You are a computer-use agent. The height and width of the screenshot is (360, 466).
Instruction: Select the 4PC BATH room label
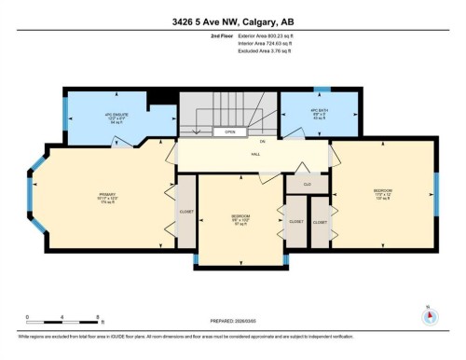coord(317,114)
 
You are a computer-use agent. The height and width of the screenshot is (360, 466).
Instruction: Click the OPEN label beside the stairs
coord(230,132)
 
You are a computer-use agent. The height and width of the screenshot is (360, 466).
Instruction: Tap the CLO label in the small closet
coord(308,185)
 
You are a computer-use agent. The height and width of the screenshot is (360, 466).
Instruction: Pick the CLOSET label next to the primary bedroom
coord(185,212)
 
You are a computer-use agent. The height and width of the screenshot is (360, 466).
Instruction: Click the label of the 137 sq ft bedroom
coord(383,195)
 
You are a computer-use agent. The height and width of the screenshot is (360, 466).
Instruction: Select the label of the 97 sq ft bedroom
coord(240,220)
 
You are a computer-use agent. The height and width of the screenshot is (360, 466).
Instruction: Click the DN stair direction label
coord(264,142)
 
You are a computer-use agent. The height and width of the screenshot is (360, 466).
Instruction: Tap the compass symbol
coord(429,313)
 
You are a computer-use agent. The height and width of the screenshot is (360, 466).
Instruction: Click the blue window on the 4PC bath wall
coord(322,89)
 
